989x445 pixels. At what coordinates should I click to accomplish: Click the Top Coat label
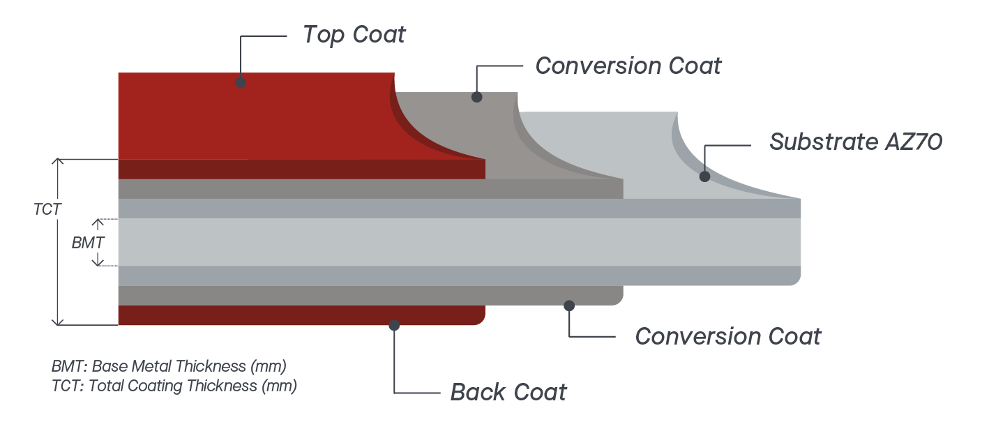(x=354, y=35)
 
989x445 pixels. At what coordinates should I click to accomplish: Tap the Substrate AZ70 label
(x=856, y=142)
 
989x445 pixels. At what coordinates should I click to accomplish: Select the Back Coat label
(x=508, y=392)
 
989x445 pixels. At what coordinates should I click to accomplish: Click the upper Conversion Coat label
(x=628, y=66)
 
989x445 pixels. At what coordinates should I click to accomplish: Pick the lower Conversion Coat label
(x=728, y=337)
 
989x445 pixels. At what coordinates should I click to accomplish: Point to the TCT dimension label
(x=47, y=209)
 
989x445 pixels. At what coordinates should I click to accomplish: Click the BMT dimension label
(x=89, y=243)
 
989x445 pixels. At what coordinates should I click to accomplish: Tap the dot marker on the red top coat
(x=241, y=82)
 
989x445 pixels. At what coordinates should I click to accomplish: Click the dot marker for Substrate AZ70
(x=704, y=176)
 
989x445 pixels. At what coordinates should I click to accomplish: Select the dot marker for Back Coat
(x=394, y=325)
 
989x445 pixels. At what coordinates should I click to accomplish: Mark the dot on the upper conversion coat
(x=476, y=97)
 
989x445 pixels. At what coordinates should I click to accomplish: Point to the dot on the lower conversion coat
(x=569, y=306)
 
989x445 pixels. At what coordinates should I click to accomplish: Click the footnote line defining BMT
(x=169, y=366)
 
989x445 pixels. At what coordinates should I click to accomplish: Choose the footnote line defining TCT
(x=174, y=386)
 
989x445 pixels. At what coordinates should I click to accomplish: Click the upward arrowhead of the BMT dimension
(x=98, y=221)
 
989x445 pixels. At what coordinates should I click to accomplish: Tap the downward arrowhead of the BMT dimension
(x=98, y=263)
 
